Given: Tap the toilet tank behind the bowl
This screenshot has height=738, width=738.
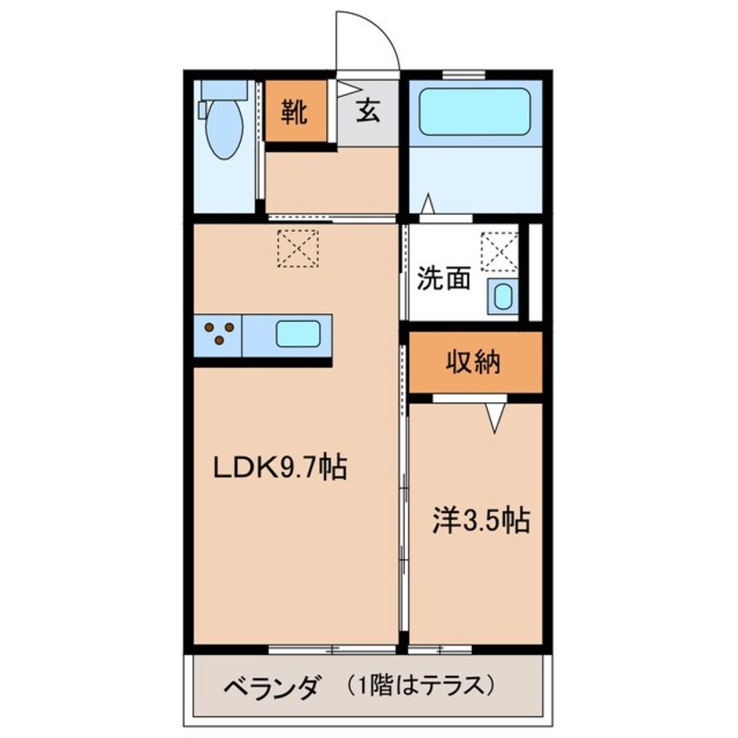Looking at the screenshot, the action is (x=224, y=90).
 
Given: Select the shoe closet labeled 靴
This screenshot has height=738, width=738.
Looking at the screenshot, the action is (x=296, y=111).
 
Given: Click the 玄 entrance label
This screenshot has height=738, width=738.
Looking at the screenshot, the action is (x=368, y=112).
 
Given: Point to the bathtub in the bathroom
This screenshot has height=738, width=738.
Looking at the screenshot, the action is (x=475, y=112).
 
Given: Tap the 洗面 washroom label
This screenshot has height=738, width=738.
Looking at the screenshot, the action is (x=444, y=277).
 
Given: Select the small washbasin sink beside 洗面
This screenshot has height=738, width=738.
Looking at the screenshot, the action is (x=502, y=297).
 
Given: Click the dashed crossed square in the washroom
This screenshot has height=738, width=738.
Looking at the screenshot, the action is (x=499, y=252).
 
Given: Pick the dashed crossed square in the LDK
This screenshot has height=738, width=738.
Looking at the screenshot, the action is (x=297, y=249).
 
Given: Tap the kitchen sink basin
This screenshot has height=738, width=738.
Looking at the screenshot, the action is (x=298, y=334).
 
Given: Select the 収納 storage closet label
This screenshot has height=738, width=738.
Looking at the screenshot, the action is (x=473, y=362).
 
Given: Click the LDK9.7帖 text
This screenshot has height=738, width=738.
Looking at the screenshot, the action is (x=281, y=468).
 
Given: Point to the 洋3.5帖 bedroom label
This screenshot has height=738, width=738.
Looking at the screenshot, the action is (x=481, y=521).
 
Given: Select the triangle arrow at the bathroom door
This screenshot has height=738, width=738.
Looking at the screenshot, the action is (x=427, y=203).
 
